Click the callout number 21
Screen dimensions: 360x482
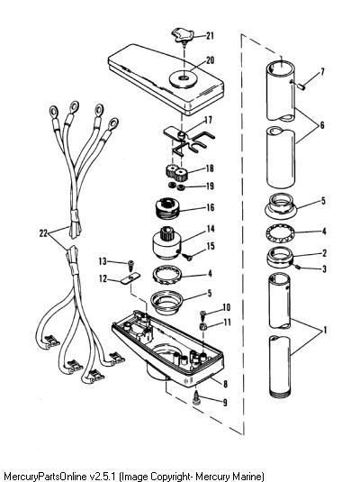click(210, 35)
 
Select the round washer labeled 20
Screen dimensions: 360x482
click(184, 78)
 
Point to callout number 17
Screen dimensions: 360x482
click(208, 119)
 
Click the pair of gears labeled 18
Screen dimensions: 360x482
click(176, 173)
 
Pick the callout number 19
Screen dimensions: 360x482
click(210, 186)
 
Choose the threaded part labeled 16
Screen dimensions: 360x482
click(166, 208)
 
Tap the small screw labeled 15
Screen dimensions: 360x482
click(187, 256)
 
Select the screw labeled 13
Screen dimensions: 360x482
click(131, 265)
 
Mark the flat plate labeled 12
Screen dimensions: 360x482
click(130, 278)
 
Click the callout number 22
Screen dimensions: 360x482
click(43, 233)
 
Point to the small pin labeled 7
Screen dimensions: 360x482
click(301, 87)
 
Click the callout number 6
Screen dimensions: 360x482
click(321, 125)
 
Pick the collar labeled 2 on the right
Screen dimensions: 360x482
click(281, 258)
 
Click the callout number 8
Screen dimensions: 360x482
click(225, 383)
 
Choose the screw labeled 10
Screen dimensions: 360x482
click(203, 314)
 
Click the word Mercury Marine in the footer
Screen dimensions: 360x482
click(229, 477)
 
